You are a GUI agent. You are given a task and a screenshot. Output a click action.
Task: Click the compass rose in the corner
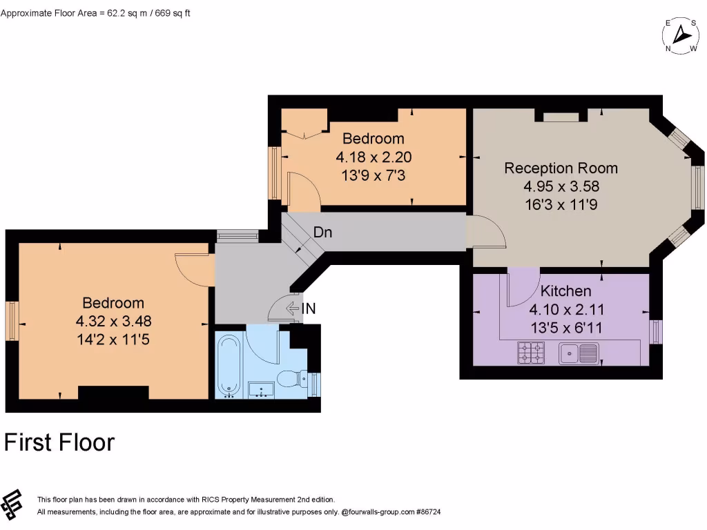coord(681,35)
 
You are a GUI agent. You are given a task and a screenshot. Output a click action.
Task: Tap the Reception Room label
coord(561,168)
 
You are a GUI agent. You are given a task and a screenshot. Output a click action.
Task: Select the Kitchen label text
coord(565,291)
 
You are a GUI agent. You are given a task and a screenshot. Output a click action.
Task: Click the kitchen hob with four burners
coord(531,353)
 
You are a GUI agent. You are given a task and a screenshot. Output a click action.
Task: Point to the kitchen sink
coord(579,353)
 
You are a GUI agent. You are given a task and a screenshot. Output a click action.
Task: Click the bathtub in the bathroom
coord(228,366)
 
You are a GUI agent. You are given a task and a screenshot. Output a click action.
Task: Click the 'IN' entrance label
coord(309,309)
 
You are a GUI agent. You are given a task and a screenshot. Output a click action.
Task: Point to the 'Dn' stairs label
coord(322,233)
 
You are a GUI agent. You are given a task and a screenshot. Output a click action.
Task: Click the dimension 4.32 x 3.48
coord(114,321)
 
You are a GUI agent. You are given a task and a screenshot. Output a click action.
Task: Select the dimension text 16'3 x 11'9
coord(561,204)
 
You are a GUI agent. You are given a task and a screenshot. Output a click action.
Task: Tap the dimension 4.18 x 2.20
coord(373,157)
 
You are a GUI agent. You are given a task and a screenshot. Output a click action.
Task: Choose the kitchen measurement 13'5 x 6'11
coord(565,328)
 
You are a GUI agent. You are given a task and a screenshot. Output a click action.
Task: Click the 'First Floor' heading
coord(59,442)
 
